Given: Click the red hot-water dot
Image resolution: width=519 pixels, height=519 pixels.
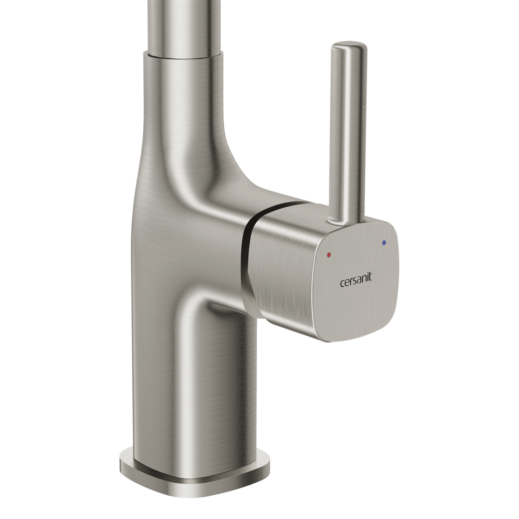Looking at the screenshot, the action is [x=329, y=255].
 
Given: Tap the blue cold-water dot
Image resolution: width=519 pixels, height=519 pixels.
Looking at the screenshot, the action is [x=384, y=242].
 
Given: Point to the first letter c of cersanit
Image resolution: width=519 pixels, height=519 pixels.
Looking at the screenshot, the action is [x=343, y=283].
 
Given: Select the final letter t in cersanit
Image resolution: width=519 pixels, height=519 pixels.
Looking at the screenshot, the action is [x=370, y=277].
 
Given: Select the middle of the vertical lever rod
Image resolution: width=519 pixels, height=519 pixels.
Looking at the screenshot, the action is [x=348, y=132].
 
